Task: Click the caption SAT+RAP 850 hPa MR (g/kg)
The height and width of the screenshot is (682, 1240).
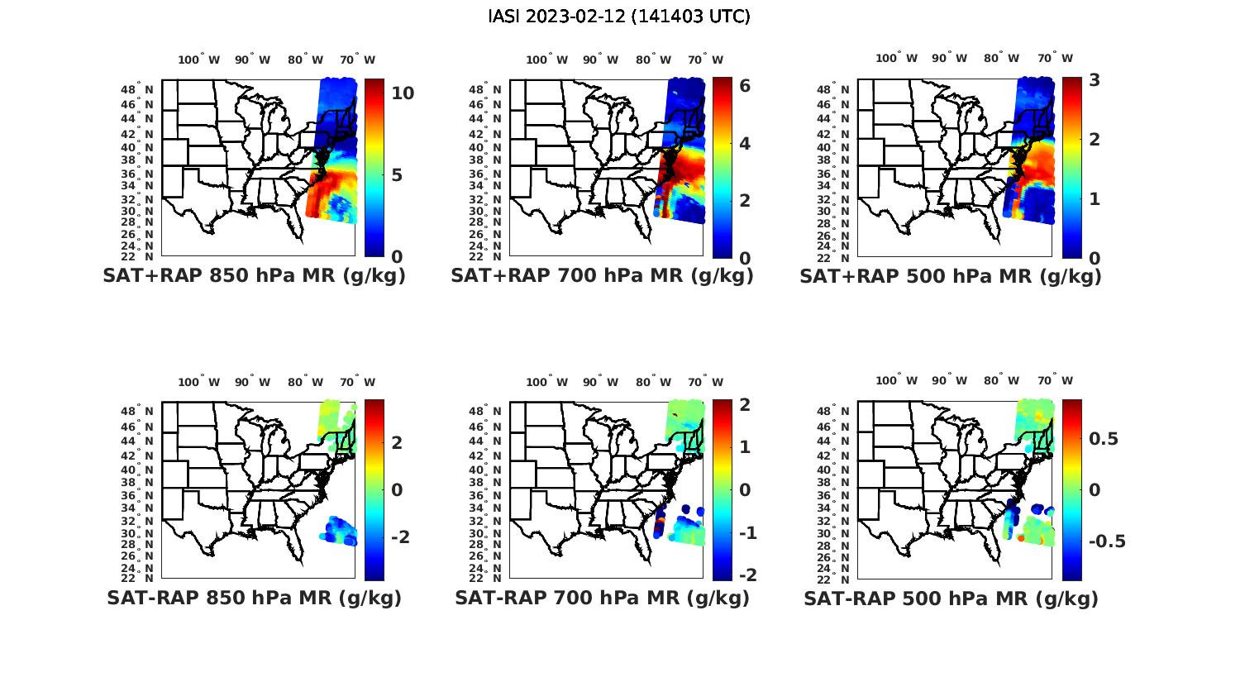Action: tap(254, 276)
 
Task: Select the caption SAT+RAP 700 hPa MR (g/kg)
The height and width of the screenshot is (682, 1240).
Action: tap(602, 276)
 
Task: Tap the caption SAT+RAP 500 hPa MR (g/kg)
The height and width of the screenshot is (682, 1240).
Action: tap(951, 276)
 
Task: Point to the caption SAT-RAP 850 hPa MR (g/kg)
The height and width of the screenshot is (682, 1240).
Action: tap(254, 598)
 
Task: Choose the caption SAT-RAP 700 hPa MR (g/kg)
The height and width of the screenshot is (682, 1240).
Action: tap(602, 598)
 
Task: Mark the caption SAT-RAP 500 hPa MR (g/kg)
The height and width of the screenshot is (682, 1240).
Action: tap(951, 598)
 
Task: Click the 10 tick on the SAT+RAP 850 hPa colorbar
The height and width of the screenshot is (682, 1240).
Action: tap(403, 93)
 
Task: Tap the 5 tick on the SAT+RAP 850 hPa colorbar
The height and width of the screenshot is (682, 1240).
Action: tap(397, 175)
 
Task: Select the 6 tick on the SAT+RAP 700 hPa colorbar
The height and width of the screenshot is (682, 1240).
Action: tap(744, 85)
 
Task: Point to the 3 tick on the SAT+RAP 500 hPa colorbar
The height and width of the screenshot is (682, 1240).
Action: tap(1095, 80)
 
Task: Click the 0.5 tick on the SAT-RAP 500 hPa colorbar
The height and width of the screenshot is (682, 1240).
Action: tap(1103, 438)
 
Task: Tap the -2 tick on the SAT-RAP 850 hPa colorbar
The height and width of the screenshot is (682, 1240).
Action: tap(400, 537)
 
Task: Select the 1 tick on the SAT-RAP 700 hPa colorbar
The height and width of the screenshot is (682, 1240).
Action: tap(744, 447)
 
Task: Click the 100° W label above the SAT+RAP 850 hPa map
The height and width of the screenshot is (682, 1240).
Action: tap(198, 60)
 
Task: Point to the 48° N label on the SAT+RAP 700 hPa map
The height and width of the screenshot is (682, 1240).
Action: tap(488, 89)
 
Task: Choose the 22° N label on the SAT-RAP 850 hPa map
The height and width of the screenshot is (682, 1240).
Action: tap(140, 577)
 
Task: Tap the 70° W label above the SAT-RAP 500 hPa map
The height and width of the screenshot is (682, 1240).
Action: tap(1055, 380)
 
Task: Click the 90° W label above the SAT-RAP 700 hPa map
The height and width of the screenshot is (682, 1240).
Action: tap(600, 382)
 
